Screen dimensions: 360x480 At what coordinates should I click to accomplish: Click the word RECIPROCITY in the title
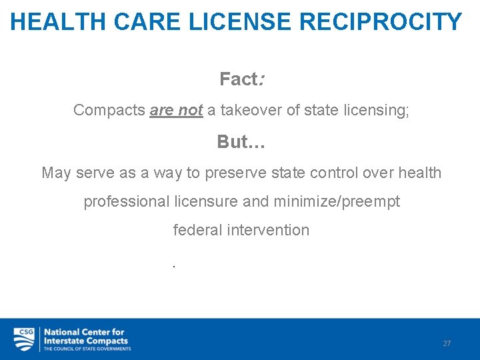tap(381, 22)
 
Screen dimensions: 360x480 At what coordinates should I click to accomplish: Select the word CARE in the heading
tap(149, 22)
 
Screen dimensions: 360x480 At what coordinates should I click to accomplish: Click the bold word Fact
tap(239, 79)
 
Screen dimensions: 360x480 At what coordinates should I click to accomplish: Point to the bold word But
tap(233, 142)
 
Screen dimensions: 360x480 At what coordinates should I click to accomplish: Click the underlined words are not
tap(176, 110)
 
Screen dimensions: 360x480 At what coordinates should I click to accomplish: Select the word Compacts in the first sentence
tap(109, 110)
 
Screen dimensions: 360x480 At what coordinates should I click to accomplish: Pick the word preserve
tap(234, 173)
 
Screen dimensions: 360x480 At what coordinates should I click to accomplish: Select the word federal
tap(195, 230)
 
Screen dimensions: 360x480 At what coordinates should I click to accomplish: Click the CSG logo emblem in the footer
tap(24, 339)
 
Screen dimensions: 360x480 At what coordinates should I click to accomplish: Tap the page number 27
tap(447, 343)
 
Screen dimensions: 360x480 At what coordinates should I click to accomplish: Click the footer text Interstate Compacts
tap(85, 341)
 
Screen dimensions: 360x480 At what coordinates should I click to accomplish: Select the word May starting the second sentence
tap(56, 173)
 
